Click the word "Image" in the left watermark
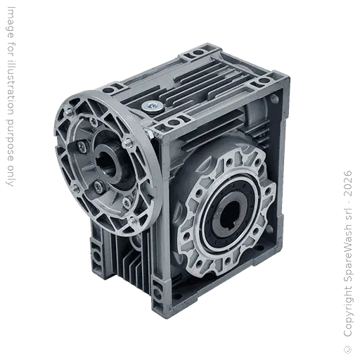pyautogui.click(x=10, y=22)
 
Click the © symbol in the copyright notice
pyautogui.click(x=348, y=349)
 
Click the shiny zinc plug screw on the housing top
pyautogui.click(x=152, y=106)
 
